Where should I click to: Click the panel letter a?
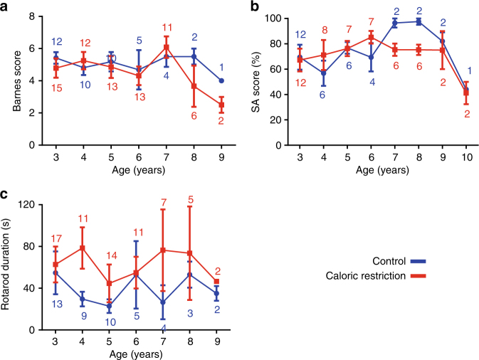[x=6, y=7]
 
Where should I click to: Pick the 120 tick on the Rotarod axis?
[x=39, y=206]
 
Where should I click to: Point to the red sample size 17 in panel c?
[x=56, y=239]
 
